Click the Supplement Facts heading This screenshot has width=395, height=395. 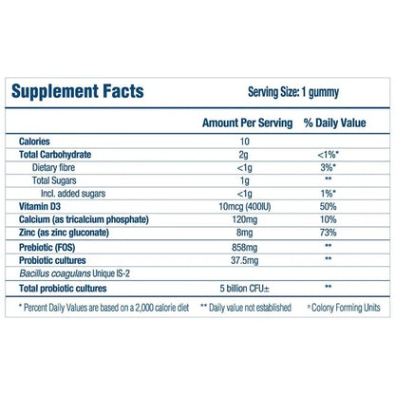click(x=78, y=92)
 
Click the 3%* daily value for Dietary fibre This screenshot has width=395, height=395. click(x=328, y=167)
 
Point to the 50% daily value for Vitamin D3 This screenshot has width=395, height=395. click(x=328, y=205)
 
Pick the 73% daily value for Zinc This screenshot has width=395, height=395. click(x=328, y=231)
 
